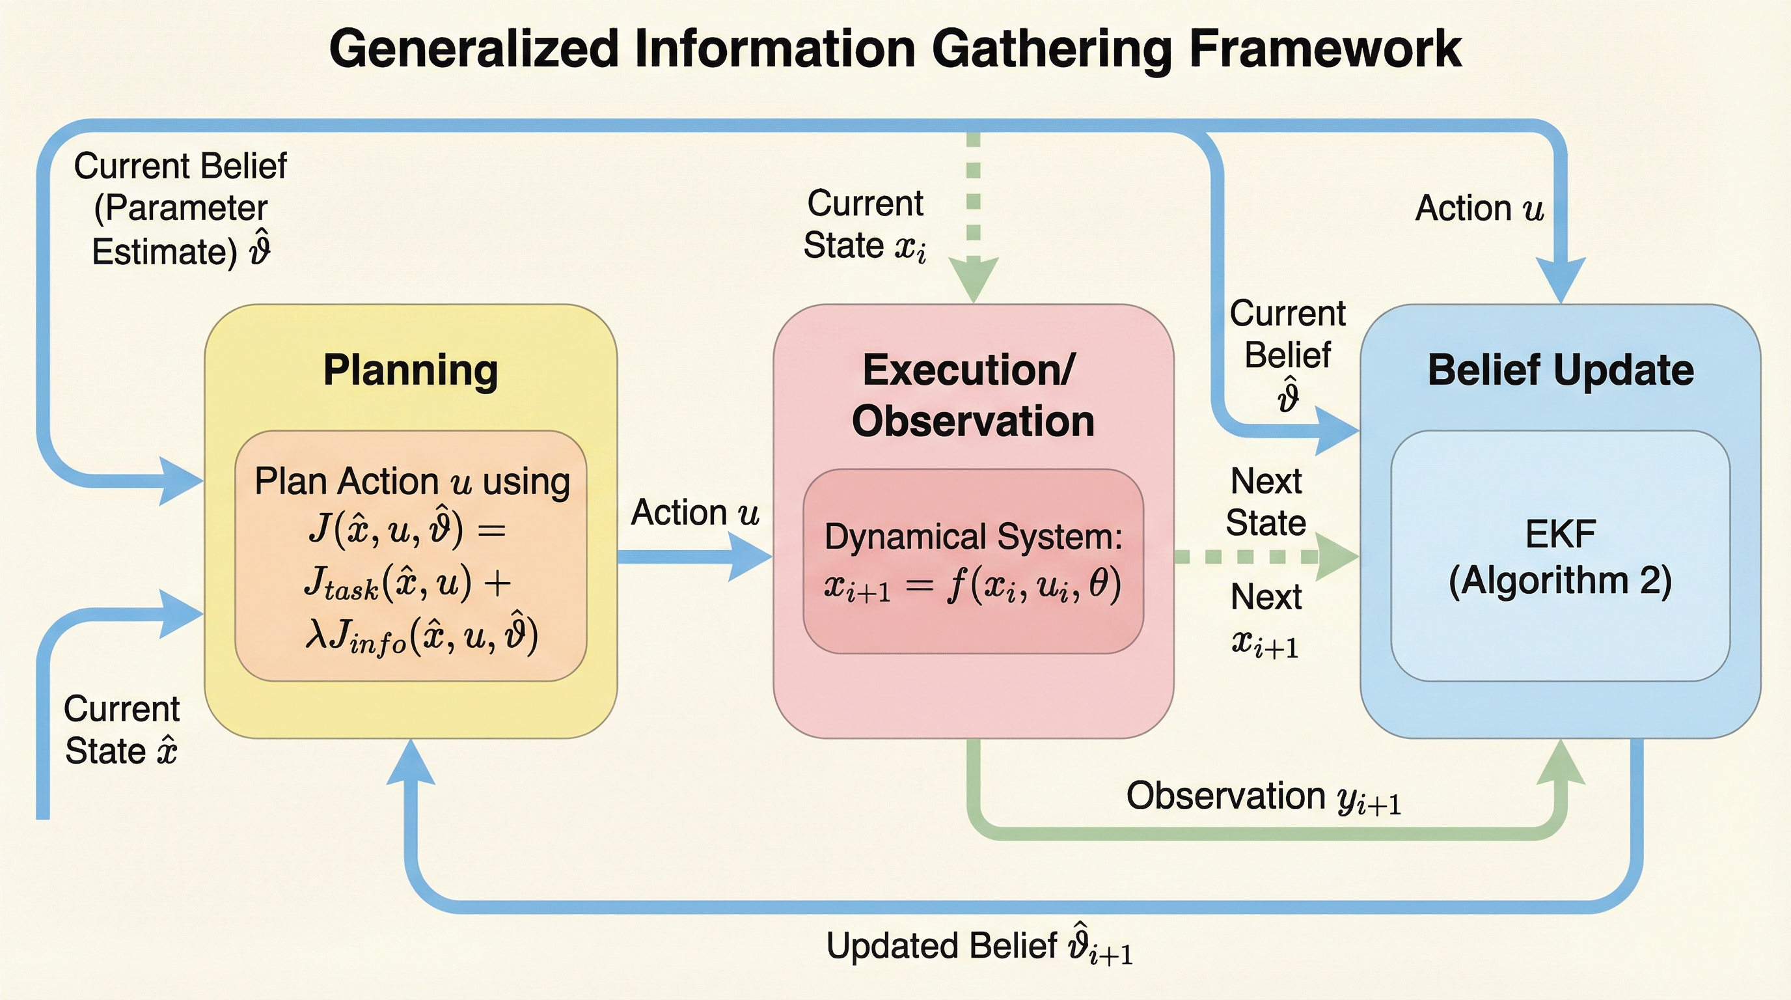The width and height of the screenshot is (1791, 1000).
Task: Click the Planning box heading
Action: pos(410,370)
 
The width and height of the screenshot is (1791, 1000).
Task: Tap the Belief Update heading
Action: pos(1560,370)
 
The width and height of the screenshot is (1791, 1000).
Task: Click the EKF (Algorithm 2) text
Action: pos(1560,558)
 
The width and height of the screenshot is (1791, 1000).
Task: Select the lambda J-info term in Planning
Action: pos(421,635)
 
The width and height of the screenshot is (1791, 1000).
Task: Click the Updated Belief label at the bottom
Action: pos(979,947)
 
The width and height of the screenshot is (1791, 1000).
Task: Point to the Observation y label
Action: pos(1263,797)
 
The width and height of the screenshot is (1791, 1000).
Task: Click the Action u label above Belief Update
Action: pos(1479,208)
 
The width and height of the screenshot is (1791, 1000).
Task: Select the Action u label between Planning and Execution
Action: pos(694,513)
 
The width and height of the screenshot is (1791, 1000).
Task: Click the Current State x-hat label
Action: pos(122,730)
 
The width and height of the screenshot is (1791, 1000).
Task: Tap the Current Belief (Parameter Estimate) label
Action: pos(180,208)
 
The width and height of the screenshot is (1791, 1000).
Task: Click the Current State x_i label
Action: pos(865,225)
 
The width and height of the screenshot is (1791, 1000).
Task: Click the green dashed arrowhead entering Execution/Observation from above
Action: pos(974,278)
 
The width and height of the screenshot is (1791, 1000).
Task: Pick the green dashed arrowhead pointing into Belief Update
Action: pos(1336,557)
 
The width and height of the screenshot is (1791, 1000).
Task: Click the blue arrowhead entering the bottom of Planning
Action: pos(410,762)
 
